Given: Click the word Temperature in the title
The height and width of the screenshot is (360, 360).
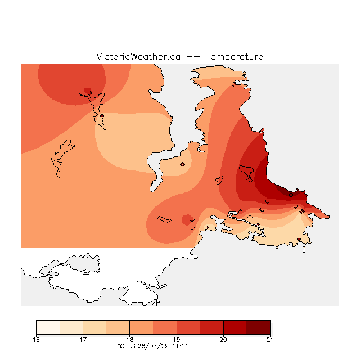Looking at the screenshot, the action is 234,57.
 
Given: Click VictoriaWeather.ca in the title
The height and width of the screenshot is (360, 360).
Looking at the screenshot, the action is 138,57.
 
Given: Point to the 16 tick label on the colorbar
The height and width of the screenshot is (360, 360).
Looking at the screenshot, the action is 36,340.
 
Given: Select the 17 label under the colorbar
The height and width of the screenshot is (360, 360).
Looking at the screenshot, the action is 83,340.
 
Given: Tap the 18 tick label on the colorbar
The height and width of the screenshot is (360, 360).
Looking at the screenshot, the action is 130,340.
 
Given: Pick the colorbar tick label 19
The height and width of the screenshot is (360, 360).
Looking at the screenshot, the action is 177,340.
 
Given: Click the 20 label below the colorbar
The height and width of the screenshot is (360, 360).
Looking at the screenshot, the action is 223,340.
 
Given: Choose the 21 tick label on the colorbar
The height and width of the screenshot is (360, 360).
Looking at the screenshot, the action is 270,340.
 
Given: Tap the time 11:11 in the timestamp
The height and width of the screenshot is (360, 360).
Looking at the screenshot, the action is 180,346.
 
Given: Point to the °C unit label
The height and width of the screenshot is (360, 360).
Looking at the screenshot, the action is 121,346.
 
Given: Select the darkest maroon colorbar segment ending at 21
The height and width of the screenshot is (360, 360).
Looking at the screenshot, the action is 258,327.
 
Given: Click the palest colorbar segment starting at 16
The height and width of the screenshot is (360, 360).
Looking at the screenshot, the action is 48,327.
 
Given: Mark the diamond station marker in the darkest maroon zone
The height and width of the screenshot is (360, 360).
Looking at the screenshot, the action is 291,195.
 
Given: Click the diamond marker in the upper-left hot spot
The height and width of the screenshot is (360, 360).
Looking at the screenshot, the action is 90,93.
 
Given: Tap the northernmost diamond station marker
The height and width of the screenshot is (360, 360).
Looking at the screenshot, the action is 234,85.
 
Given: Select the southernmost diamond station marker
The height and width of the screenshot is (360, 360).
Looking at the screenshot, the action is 299,238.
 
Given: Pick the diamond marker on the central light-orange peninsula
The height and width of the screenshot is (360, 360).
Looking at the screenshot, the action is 182,164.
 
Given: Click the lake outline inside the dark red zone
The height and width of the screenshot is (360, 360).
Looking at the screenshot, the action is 246,173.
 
